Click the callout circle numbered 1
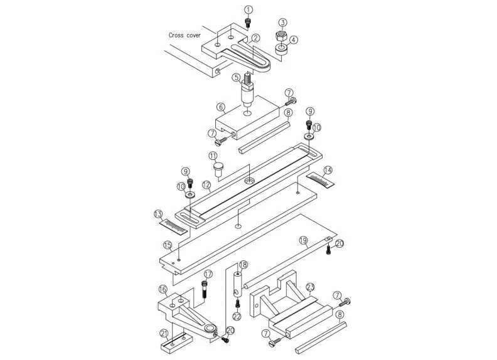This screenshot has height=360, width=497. point(248,10)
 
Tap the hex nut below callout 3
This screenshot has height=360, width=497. point(282,36)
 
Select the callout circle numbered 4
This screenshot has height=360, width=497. point(294,40)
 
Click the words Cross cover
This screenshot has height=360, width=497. point(184,35)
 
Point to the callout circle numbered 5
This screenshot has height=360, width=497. point(236,77)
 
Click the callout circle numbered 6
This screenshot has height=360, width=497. point(221,107)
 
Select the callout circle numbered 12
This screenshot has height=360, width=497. point(206,184)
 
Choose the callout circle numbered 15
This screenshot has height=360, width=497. point(168,245)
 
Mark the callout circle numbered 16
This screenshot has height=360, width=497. point(163,289)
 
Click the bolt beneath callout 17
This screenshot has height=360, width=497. point(205,289)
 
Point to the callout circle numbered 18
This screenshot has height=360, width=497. point(243,265)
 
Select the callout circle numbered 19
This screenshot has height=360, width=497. point(303,240)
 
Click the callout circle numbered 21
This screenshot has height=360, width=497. point(164,334)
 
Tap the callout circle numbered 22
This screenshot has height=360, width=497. point(237,316)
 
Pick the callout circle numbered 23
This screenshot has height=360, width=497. point(310,287)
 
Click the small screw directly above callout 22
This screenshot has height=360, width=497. point(237,304)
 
